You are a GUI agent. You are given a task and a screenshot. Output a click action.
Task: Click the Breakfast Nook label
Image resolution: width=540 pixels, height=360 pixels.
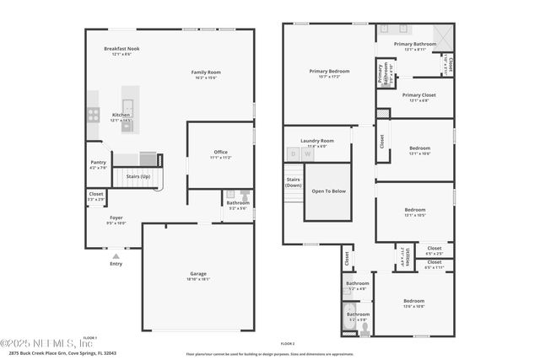pos(121,49)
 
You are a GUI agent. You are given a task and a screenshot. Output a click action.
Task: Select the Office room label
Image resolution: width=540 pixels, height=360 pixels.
pos(220,152)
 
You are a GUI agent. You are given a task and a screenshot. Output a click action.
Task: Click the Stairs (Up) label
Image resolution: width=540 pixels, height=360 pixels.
pos(138,176)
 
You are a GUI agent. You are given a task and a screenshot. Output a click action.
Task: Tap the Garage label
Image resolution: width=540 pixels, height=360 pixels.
pos(198,274)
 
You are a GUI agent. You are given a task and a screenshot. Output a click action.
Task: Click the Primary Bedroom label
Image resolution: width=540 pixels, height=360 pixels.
pos(329,72)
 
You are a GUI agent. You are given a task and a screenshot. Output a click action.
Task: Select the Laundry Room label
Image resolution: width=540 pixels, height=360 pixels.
pos(321,141)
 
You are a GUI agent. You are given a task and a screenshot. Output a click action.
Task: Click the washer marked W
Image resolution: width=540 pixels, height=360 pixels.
pos(306,153)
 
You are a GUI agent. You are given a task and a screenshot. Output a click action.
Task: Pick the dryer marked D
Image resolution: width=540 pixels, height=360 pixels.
pos(294,153)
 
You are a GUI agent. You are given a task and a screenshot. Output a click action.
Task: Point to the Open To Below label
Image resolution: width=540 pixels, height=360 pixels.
pos(328,191)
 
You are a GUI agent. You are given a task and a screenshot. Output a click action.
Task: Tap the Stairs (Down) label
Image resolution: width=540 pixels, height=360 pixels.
pos(293,182)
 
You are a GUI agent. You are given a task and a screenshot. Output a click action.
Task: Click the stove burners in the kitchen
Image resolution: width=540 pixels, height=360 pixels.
pos(94,114)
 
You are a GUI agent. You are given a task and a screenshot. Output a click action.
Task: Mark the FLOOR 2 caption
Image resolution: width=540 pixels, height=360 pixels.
pos(288,344)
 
